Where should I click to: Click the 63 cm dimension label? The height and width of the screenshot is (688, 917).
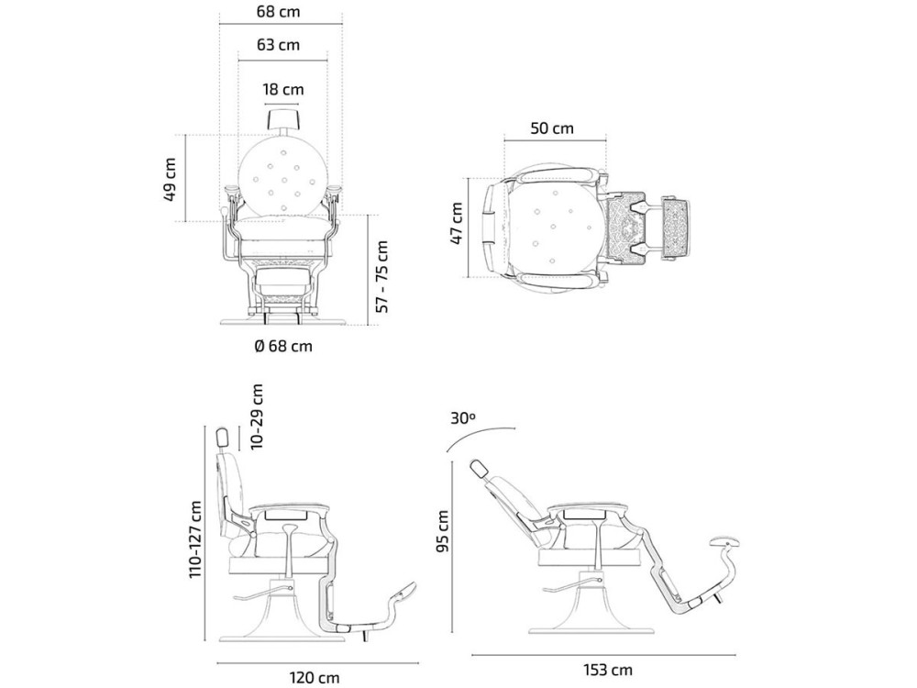[x=278, y=45]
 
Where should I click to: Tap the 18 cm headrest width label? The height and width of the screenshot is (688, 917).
[x=283, y=90]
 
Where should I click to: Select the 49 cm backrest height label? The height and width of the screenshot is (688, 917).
[x=171, y=179]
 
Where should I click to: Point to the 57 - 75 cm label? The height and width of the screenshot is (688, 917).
[x=381, y=276]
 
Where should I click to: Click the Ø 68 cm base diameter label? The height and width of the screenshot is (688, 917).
[x=283, y=347]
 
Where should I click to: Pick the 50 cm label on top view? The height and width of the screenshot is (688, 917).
[x=552, y=128]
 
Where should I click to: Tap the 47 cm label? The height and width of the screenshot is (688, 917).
[x=457, y=223]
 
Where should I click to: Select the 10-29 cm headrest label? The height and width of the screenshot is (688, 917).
[x=256, y=416]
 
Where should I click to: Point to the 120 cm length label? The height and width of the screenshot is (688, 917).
[x=314, y=677]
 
